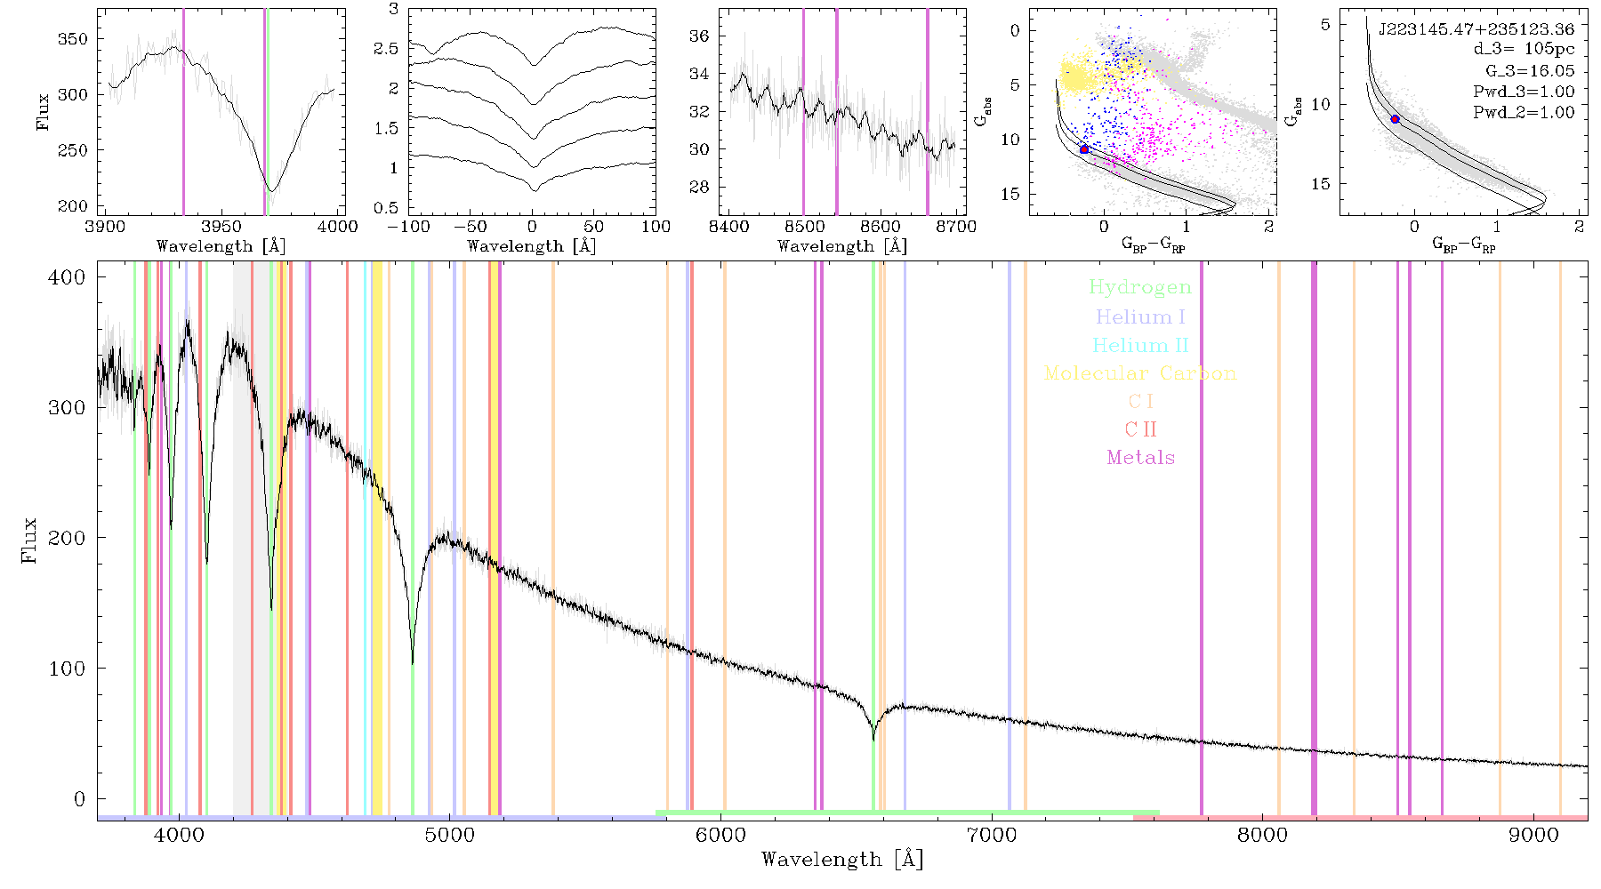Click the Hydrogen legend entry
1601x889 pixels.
[x=1139, y=287]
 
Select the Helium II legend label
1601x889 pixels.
[x=1140, y=345]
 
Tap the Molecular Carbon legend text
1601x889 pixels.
[x=1140, y=373]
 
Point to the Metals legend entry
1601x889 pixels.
[x=1141, y=458]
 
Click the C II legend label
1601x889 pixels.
[x=1141, y=429]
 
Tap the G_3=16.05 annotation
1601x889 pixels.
[x=1530, y=70]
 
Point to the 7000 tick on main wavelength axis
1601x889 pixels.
[x=991, y=835]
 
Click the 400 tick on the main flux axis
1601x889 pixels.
[x=68, y=277]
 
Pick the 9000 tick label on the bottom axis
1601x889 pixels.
[x=1533, y=835]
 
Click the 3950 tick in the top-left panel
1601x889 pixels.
[x=221, y=227]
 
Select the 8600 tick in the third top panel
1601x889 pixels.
[x=881, y=227]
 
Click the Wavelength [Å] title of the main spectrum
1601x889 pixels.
[x=842, y=860]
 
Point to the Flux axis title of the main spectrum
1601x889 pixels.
[x=30, y=540]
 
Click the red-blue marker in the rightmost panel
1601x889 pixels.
[x=1395, y=119]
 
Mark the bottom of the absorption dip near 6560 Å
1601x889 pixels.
[x=873, y=739]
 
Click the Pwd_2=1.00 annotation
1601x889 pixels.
[x=1524, y=112]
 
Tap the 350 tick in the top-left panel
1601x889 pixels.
[x=73, y=39]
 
